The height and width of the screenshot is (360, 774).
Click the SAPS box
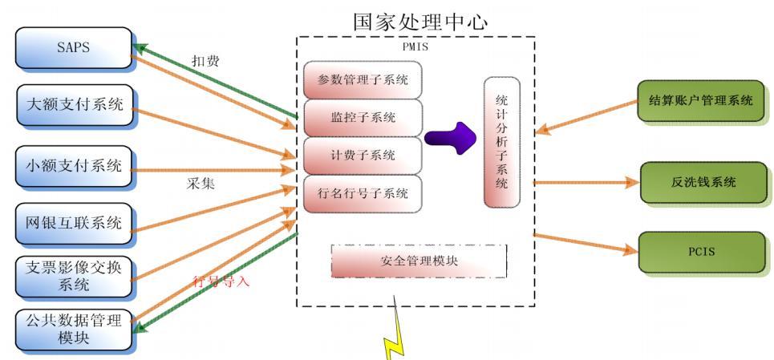(73, 47)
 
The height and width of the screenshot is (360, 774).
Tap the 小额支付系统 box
(73, 167)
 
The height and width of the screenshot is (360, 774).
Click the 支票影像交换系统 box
(73, 276)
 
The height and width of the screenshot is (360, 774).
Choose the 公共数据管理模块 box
(73, 330)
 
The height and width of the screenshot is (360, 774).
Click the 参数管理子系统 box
(363, 79)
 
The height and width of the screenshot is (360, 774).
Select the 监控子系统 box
(363, 117)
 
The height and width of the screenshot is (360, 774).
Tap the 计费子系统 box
(363, 155)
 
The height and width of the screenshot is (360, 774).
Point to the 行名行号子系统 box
(363, 193)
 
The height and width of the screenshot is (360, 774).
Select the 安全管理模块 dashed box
(419, 261)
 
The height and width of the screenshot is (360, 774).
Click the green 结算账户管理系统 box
(700, 101)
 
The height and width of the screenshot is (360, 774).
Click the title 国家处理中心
(419, 22)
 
